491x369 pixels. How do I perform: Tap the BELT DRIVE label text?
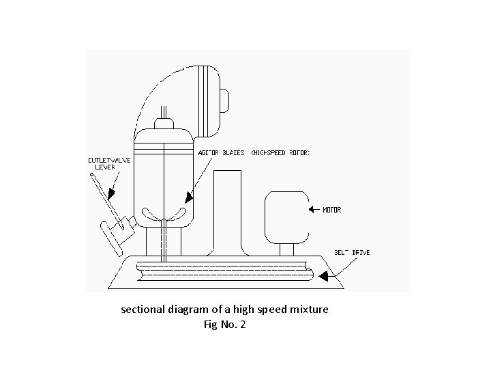[x=352, y=253]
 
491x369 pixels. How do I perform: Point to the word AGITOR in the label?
[x=209, y=152]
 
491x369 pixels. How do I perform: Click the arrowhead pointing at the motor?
[x=310, y=210]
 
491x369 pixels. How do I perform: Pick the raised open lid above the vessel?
[x=211, y=99]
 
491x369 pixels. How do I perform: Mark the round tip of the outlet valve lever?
[x=92, y=176]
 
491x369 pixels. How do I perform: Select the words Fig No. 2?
[x=224, y=325]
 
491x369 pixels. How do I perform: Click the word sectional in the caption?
[x=142, y=310]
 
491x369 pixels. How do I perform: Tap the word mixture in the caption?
[x=310, y=310]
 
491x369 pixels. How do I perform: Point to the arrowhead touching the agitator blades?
[x=190, y=197]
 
